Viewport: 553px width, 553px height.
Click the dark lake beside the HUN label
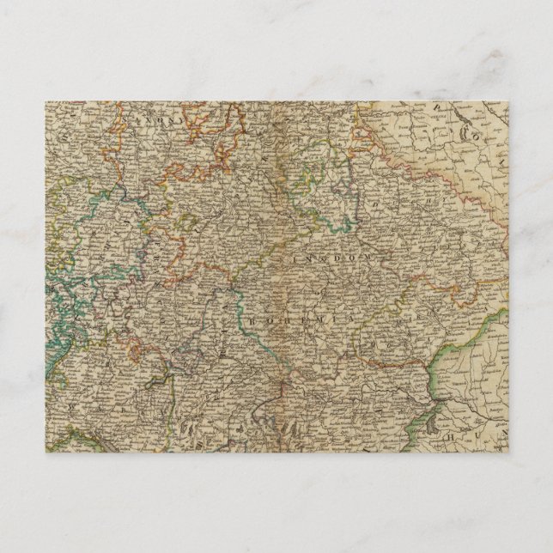pos(447,420)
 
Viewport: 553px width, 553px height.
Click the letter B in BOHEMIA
pos(255,320)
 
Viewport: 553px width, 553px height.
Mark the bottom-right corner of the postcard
pos(508,453)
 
